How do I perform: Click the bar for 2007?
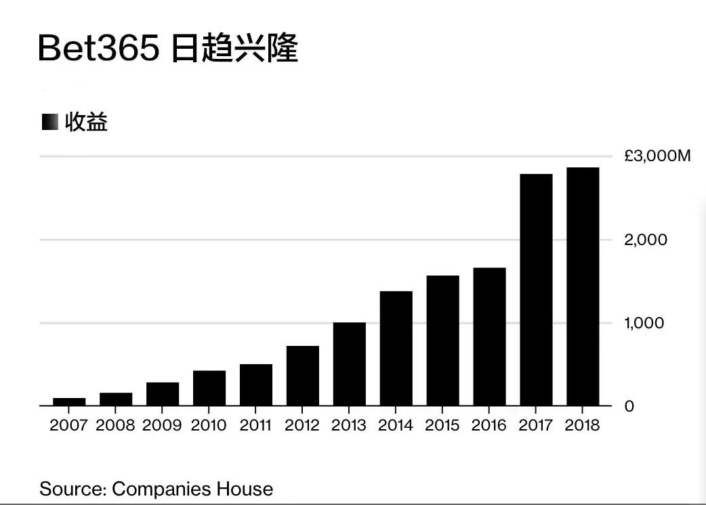coord(69,401)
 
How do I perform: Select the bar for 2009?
coord(163,394)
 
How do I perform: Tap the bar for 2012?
coord(303,376)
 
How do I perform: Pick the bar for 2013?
coord(350,364)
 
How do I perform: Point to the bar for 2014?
coord(396,348)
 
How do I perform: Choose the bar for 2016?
coord(489,336)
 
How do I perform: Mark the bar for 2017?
coord(536,290)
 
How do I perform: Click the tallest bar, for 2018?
coord(583,286)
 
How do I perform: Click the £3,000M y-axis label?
coord(657,156)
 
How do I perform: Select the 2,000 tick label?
coord(646,240)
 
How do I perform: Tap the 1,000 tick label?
coord(644,323)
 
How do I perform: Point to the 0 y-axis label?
coord(629,406)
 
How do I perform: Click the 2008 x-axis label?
coord(116,425)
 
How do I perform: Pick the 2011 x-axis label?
coord(256,425)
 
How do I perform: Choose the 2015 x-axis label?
coord(442,425)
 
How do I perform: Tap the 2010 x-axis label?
coord(209,425)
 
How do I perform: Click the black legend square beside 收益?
coord(50,123)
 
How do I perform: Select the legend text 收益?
coord(86,123)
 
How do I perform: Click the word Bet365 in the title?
coord(99,49)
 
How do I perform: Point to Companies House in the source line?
coord(192,489)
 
